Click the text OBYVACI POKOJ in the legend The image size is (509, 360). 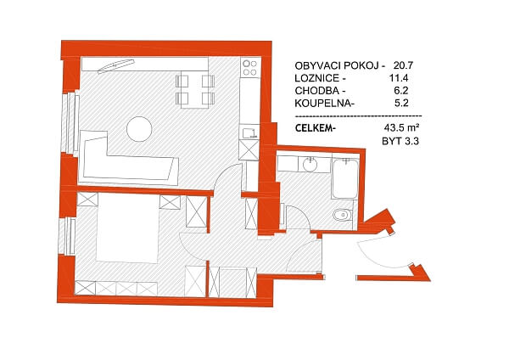[x=337, y=65]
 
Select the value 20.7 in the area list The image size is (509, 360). [x=403, y=65]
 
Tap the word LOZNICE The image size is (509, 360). [x=317, y=78]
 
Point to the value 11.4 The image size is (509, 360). [x=399, y=78]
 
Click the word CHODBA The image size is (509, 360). [x=316, y=91]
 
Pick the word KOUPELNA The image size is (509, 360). [x=322, y=104]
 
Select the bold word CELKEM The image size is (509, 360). [x=314, y=128]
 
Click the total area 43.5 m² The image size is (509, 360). [x=401, y=127]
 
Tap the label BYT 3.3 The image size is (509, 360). [x=400, y=141]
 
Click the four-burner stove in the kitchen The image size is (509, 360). [x=250, y=68]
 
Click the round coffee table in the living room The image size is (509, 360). [x=139, y=129]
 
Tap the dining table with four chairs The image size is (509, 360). [x=195, y=89]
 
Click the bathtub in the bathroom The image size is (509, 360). [x=344, y=178]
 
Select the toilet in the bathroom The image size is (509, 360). [x=343, y=215]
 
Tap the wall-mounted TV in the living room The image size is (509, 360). [x=116, y=66]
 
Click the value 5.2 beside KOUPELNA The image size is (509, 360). [x=401, y=104]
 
